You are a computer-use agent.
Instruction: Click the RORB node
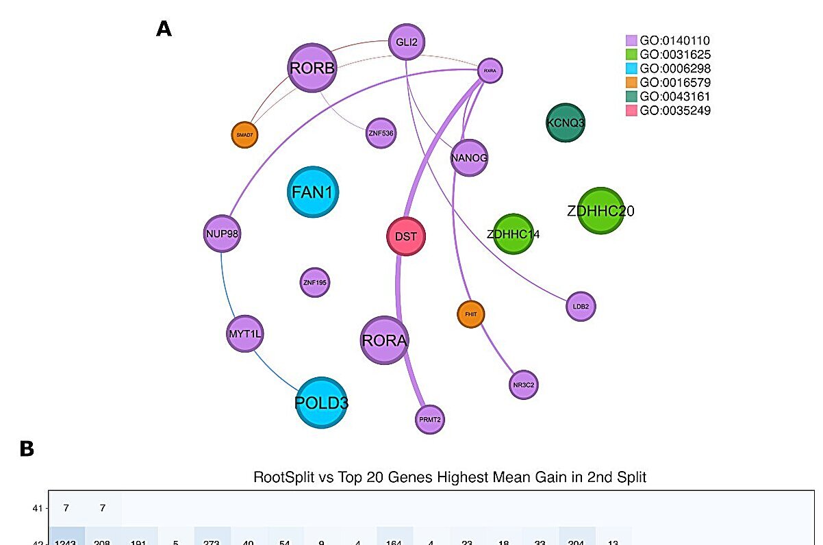pos(312,68)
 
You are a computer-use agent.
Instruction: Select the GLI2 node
pos(407,42)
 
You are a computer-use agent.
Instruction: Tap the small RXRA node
pos(489,70)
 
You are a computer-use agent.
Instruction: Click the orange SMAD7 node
pos(244,135)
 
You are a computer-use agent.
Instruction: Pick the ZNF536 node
pos(381,133)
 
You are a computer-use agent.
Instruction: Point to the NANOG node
pos(469,158)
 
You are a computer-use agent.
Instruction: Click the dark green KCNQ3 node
pos(566,123)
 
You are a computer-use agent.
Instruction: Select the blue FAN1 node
pos(313,192)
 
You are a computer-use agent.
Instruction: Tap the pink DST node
pos(407,237)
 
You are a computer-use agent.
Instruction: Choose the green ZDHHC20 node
pos(600,211)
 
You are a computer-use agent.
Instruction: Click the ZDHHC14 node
pos(512,234)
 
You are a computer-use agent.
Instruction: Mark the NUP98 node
pos(222,233)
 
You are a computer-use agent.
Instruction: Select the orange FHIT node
pos(471,314)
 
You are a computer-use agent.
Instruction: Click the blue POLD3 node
pos(321,403)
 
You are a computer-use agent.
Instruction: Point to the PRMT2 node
pos(430,419)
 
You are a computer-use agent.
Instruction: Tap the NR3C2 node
pos(523,385)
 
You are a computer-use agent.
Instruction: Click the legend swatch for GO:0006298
pos(632,68)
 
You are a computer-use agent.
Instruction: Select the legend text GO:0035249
pos(674,110)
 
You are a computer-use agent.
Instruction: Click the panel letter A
pos(164,29)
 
